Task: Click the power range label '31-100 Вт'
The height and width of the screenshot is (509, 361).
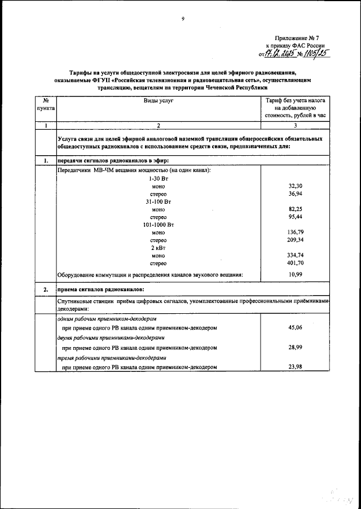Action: tap(159, 201)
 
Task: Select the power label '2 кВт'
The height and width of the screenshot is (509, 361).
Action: tap(159, 248)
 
